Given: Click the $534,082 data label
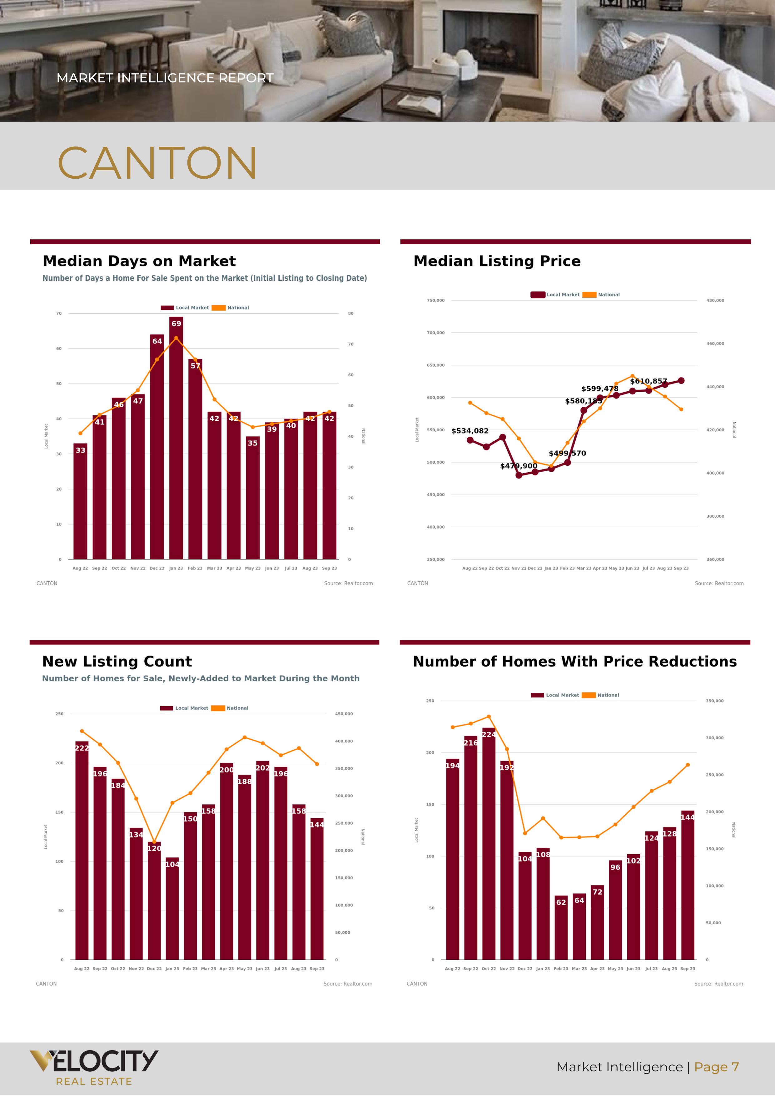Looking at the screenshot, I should point(469,431).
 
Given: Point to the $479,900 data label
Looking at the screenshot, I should point(518,466).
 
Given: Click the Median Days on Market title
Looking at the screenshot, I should point(139,261).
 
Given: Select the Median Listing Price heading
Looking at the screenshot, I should point(497,261).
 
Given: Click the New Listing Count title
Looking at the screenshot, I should point(117,662).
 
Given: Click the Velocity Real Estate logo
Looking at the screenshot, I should point(94,1067).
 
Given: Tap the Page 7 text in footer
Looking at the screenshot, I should point(716,1067).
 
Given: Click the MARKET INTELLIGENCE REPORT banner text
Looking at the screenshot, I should point(165,78).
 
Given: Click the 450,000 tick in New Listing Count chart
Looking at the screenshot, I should point(344,714).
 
